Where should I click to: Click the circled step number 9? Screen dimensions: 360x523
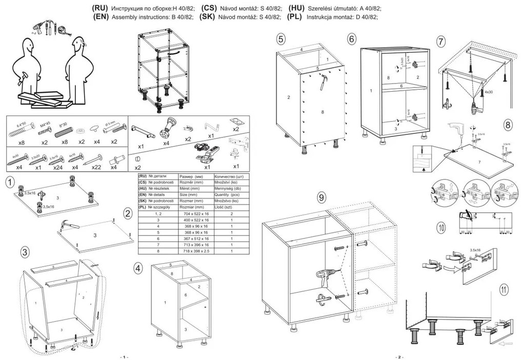(321, 197)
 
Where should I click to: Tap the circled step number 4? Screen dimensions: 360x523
(138, 267)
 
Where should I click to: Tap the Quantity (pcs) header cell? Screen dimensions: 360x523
(229, 195)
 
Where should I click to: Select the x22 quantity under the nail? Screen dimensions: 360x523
(96, 167)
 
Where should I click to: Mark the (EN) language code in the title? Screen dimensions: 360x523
(101, 16)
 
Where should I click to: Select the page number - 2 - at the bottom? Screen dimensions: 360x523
(399, 356)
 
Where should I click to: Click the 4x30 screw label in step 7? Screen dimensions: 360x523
(489, 92)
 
